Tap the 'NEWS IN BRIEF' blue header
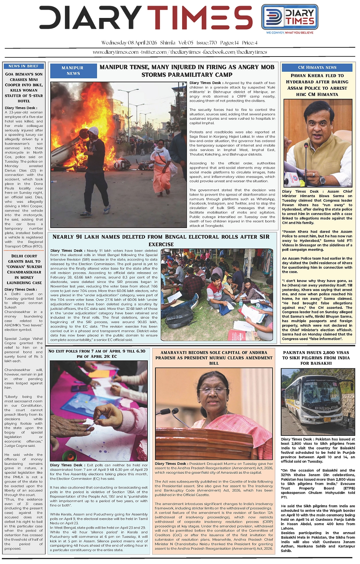click(24, 66)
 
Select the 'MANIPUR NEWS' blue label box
click(73, 70)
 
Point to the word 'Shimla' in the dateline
click(168, 43)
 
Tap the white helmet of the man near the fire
click(94, 131)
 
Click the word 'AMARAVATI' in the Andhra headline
click(174, 352)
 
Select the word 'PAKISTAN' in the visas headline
click(296, 352)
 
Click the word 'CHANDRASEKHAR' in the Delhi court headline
click(24, 272)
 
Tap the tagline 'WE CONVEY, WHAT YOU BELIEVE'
click(290, 33)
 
